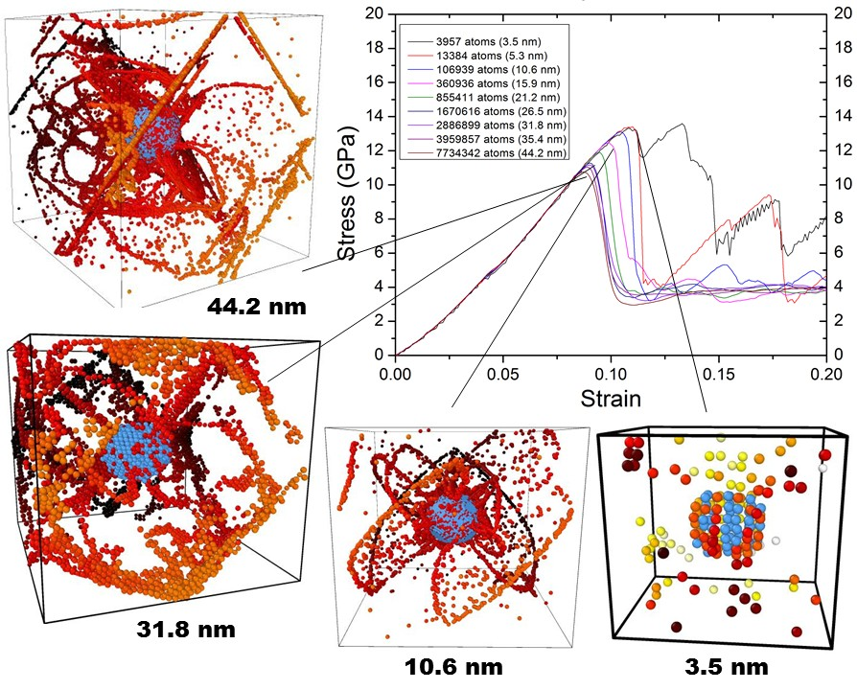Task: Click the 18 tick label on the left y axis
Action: pyautogui.click(x=375, y=48)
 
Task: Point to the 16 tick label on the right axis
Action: pyautogui.click(x=841, y=82)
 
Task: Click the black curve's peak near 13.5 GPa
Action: pyautogui.click(x=683, y=124)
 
